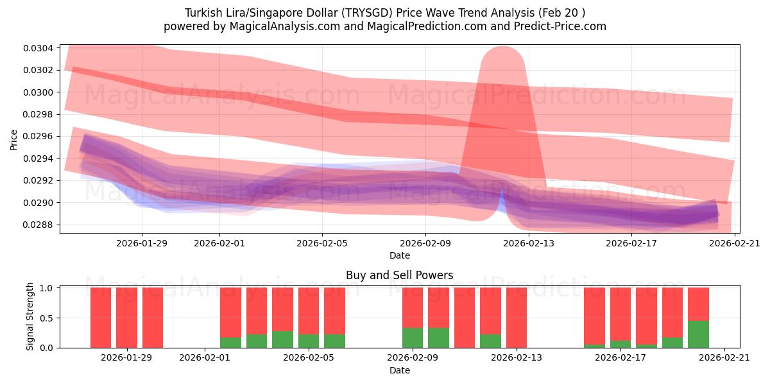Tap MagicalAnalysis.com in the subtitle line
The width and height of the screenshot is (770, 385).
[x=275, y=26]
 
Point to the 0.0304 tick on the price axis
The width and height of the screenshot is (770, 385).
[x=39, y=48]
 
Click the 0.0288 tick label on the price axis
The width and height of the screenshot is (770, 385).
[x=39, y=225]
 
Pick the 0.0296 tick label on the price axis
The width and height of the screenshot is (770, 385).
[x=39, y=137]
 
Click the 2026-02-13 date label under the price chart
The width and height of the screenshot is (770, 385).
[x=529, y=243]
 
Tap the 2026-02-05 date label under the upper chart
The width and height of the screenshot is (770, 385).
[x=321, y=243]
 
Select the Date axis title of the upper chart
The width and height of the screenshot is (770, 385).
[x=399, y=255]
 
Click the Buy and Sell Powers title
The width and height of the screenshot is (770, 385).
[x=399, y=275]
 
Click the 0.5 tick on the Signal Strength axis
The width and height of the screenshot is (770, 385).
[x=47, y=318]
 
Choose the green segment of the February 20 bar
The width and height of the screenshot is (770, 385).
[x=698, y=334]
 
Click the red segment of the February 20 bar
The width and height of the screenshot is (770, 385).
[x=698, y=304]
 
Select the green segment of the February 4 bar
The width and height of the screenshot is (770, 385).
[x=282, y=339]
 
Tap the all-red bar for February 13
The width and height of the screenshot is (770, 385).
[x=517, y=318]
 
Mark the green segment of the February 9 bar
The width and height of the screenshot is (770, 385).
[x=413, y=338]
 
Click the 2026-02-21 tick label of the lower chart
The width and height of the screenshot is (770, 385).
[x=724, y=358]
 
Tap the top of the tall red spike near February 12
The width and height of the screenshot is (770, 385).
[x=502, y=50]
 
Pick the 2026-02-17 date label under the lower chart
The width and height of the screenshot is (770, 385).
[x=620, y=358]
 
